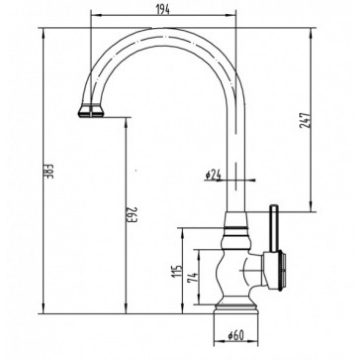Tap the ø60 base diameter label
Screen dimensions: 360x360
[236, 336]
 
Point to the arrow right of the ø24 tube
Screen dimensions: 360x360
[251, 180]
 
